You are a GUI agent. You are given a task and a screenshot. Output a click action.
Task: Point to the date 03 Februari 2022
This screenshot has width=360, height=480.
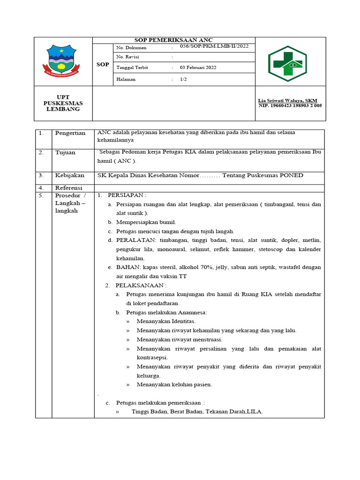(x=198, y=67)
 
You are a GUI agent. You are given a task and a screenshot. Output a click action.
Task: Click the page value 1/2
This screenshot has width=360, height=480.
(x=183, y=79)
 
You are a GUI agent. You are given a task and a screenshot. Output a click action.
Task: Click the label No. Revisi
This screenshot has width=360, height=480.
(x=128, y=57)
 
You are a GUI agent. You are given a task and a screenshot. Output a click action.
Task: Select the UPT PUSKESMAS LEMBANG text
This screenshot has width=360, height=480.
(x=61, y=103)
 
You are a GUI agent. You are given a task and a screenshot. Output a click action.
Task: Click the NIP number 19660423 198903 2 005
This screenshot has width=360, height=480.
(x=291, y=106)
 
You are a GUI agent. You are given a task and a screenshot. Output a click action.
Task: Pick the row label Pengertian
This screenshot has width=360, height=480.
(x=70, y=133)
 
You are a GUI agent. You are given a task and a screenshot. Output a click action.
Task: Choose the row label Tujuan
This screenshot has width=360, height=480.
(x=65, y=152)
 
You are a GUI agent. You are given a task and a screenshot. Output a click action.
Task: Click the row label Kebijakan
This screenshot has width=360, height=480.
(x=70, y=175)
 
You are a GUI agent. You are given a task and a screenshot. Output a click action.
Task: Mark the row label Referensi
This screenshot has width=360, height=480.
(x=69, y=187)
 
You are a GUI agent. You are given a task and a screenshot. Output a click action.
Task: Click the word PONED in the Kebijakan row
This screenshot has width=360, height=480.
(x=292, y=175)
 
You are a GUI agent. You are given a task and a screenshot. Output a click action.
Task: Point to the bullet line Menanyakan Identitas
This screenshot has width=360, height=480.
(x=166, y=321)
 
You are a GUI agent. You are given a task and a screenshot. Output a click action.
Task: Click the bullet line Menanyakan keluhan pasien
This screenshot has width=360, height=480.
(x=174, y=384)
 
